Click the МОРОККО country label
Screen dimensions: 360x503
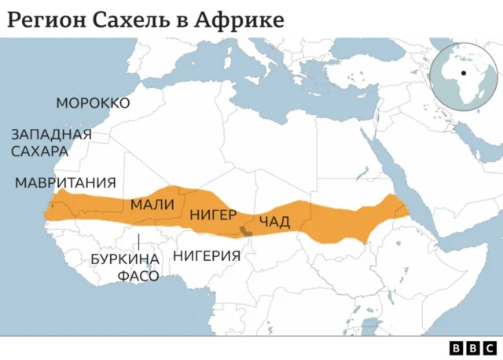point(93,103)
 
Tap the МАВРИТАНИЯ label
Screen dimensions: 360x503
point(65,182)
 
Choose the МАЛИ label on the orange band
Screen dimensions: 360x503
point(152,204)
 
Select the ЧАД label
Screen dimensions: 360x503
point(274,220)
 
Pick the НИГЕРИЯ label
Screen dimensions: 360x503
point(206,255)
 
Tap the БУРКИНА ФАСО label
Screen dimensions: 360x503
point(126,266)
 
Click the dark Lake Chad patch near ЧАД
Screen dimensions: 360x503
point(245,231)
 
